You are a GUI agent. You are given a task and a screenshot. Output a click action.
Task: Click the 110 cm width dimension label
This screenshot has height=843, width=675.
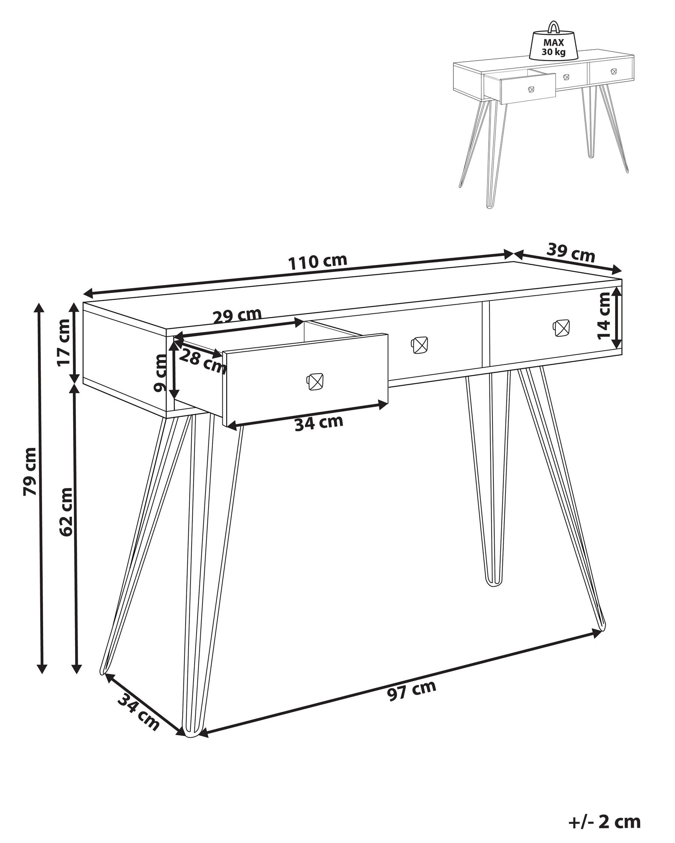pos(318,262)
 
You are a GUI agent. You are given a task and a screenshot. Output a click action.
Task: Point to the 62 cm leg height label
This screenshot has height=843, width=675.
pos(66,512)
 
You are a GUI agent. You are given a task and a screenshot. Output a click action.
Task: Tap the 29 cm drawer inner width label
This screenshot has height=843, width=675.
pos(237,316)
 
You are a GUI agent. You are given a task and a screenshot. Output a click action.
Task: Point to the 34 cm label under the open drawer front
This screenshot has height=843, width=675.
pos(319,423)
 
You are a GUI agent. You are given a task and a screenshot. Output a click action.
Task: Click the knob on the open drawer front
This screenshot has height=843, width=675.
pos(315,381)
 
